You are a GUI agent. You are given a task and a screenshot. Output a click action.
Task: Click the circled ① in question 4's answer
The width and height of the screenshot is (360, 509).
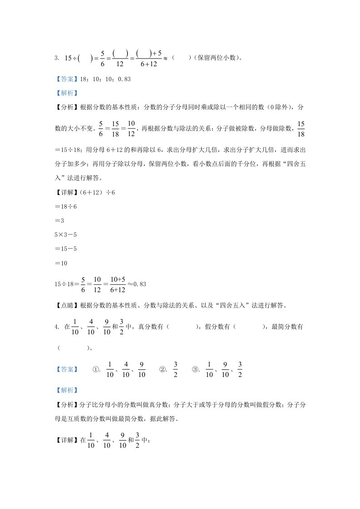pyautogui.click(x=96, y=369)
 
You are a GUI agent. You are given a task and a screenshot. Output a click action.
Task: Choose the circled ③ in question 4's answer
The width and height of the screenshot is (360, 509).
pyautogui.click(x=196, y=369)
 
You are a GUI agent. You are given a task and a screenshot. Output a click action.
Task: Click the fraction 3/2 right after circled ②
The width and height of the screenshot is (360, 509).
pyautogui.click(x=175, y=369)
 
